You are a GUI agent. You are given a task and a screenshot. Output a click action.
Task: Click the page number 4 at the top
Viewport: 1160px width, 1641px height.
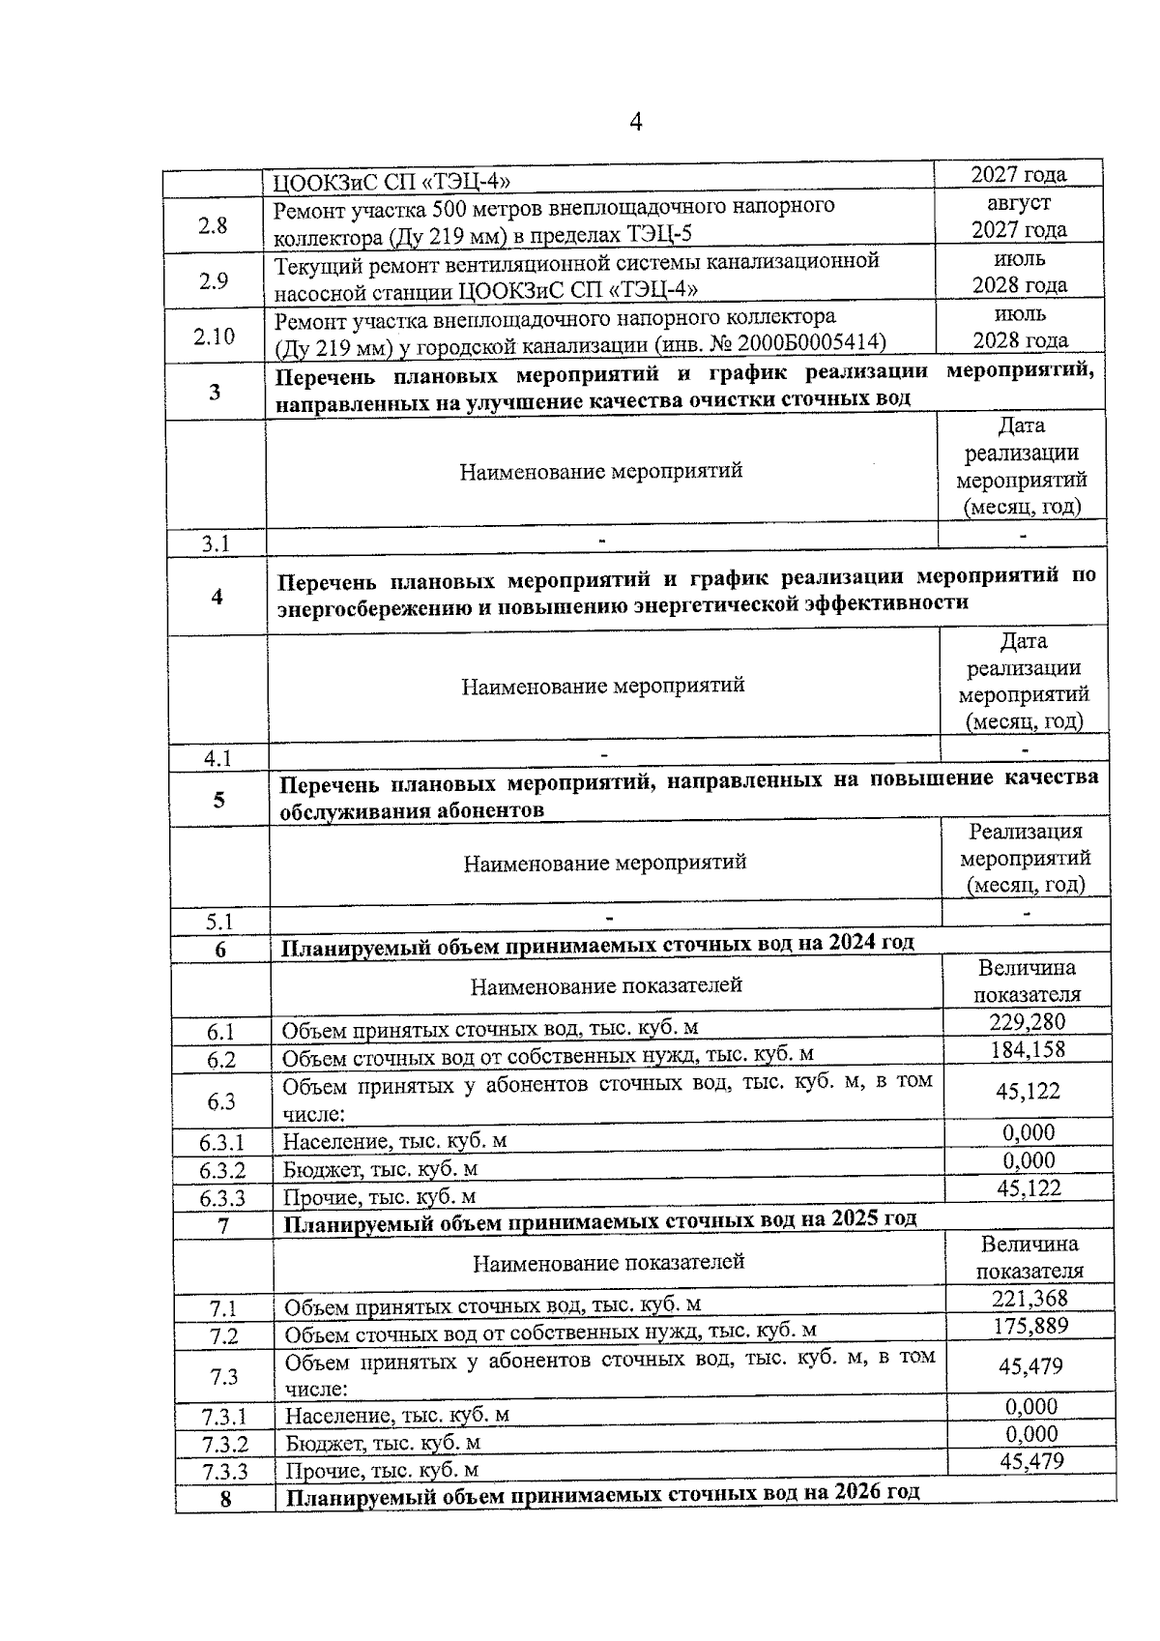coord(635,122)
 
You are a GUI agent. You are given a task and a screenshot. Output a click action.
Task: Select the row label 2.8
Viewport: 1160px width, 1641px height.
coord(213,225)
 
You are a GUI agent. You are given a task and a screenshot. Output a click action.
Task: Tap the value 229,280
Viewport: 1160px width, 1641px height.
coord(1027,1022)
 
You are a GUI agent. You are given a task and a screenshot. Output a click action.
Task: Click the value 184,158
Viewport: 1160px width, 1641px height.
coord(1027,1049)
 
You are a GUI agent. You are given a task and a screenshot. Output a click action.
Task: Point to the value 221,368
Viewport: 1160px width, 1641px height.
coord(1029,1299)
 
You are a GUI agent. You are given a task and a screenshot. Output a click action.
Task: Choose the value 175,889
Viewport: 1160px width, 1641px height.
coord(1030,1326)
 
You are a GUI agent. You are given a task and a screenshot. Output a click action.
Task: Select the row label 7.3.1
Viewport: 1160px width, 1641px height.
coord(224,1418)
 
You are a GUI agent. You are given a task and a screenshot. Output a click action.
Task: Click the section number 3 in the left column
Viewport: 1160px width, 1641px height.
coord(215,392)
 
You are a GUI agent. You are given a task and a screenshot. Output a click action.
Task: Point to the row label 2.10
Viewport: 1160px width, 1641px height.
coord(214,337)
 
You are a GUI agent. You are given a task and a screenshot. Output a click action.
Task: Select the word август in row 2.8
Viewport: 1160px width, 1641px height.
coord(1019,203)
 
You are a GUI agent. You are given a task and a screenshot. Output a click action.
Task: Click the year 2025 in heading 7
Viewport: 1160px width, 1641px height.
coord(853,1218)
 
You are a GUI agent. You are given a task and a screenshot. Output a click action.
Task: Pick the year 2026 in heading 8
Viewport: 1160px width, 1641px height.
coord(855,1492)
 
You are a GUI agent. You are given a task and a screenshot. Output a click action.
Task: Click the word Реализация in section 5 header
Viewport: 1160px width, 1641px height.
coord(1026,832)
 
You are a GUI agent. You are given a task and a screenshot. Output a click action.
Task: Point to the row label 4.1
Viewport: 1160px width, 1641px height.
coord(217,759)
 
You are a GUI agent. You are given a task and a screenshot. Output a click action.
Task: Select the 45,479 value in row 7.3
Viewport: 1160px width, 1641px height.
coord(1030,1366)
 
